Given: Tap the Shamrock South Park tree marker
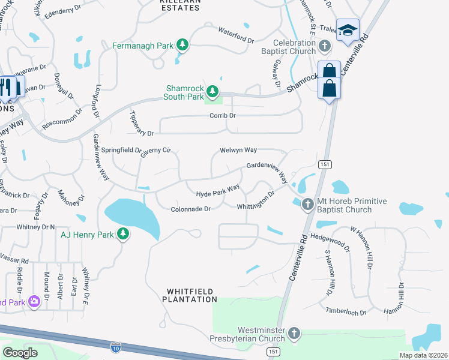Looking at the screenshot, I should click(x=212, y=92).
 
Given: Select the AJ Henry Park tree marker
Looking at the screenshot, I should click(x=123, y=234).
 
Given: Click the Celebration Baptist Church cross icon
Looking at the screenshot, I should click(x=325, y=46).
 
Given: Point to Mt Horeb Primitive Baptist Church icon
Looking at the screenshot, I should click(x=307, y=205).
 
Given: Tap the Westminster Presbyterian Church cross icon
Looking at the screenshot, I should click(x=294, y=333).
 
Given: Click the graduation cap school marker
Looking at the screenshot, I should click(x=348, y=31).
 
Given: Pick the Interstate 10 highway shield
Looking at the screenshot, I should click(x=116, y=346).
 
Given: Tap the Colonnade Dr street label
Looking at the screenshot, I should click(x=191, y=209).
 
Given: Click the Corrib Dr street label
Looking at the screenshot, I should click(x=223, y=115).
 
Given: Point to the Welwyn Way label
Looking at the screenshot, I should click(x=238, y=150).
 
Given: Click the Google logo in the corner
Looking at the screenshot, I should click(x=20, y=352).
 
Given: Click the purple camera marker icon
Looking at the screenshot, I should click(x=34, y=300).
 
